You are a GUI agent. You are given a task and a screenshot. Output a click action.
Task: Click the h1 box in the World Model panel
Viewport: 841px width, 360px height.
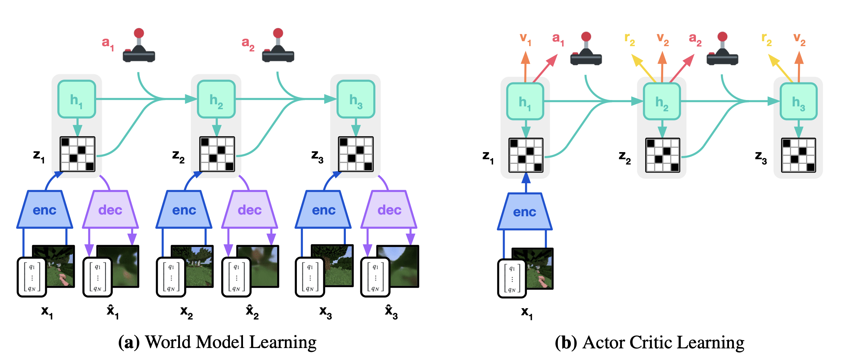tap(77, 99)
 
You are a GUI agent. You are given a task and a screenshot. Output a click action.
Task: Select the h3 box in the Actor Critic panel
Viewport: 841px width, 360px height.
tap(798, 101)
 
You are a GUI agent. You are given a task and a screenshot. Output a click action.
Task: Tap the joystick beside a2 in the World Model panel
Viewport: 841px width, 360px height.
tap(278, 45)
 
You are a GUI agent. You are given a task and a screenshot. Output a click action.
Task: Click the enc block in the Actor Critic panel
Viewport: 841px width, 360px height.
tap(525, 212)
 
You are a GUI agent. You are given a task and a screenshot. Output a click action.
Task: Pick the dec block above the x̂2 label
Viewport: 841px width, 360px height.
tap(250, 210)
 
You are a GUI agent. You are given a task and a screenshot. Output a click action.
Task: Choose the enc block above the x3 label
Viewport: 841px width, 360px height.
tap(323, 210)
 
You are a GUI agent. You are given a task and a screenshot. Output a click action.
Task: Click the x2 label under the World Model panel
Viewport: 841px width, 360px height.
tap(186, 312)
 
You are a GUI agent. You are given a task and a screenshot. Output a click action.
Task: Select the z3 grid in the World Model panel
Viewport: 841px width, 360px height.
tap(356, 154)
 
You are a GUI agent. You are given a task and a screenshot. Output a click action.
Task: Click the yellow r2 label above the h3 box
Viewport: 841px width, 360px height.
tap(766, 39)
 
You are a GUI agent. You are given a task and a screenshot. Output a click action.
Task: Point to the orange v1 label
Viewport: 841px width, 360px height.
tap(525, 39)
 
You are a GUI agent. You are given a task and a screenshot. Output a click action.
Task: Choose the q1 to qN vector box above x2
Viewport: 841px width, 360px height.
tap(171, 277)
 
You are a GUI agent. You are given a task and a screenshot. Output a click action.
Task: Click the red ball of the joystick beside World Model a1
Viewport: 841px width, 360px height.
tap(139, 33)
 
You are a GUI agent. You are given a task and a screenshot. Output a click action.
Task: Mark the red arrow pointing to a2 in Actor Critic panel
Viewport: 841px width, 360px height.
tap(682, 68)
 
